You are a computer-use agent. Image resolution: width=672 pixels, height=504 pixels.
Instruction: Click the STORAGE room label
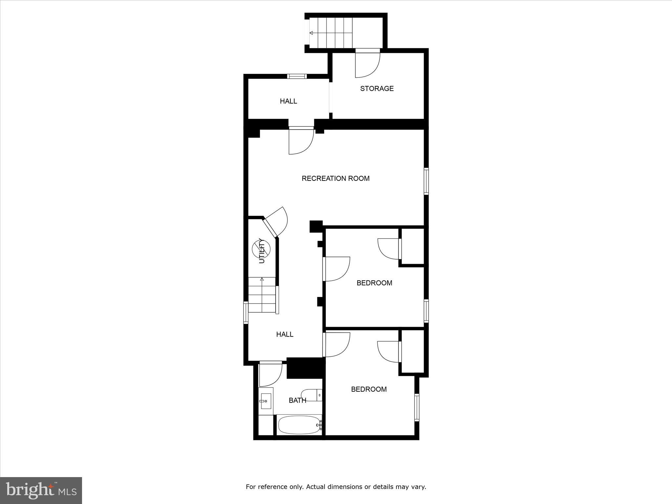tap(377, 89)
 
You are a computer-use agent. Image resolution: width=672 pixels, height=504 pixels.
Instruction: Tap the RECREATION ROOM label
tap(335, 178)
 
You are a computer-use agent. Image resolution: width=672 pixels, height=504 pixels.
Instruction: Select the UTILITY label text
tap(262, 251)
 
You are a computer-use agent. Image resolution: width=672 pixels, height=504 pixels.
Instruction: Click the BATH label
tap(297, 400)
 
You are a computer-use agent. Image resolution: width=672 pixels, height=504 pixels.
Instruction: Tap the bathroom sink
tap(265, 401)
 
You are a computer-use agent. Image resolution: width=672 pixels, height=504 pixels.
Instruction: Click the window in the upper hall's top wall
tap(297, 76)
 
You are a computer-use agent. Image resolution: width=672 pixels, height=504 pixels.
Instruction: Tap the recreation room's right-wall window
tap(426, 181)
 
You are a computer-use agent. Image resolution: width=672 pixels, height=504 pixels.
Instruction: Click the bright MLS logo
tap(41, 491)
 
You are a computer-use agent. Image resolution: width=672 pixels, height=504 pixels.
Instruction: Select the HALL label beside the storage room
tap(288, 101)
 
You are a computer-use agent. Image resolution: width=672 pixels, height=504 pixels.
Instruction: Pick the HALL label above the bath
tap(284, 334)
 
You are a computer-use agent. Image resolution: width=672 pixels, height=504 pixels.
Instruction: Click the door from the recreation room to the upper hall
tap(301, 141)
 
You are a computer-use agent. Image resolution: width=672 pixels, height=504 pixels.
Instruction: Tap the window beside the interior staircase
tap(246, 312)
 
